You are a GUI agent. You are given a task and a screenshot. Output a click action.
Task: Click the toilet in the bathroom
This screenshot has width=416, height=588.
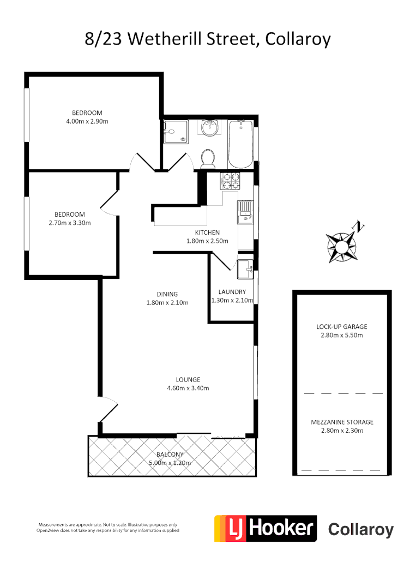(x=208, y=158)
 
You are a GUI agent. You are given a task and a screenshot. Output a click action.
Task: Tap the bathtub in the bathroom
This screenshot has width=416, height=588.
(x=240, y=144)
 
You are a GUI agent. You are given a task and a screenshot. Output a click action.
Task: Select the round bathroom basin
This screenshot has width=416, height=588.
(x=209, y=128)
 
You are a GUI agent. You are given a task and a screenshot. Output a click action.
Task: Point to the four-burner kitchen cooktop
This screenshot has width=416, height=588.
(x=230, y=181)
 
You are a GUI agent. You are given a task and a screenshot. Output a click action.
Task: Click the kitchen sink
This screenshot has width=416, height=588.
(x=244, y=212)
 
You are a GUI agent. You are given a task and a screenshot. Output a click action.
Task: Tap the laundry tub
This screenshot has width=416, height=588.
(x=245, y=268)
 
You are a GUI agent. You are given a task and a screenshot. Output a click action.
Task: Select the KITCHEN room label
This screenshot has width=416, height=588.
(x=207, y=232)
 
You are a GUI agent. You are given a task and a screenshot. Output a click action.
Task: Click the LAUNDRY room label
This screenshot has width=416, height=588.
(x=232, y=292)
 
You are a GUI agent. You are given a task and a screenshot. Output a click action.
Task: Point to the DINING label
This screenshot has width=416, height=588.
(x=167, y=295)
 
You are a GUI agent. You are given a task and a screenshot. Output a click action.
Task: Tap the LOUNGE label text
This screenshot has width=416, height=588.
(x=188, y=379)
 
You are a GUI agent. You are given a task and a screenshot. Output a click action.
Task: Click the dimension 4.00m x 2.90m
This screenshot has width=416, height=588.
(x=87, y=121)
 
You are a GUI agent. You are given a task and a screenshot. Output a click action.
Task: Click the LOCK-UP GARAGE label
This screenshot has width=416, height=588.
(x=342, y=327)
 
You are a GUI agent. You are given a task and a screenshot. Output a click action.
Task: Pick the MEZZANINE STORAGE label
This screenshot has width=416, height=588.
(x=342, y=422)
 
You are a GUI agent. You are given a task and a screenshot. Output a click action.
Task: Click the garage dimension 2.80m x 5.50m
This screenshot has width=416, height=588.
(x=342, y=335)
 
